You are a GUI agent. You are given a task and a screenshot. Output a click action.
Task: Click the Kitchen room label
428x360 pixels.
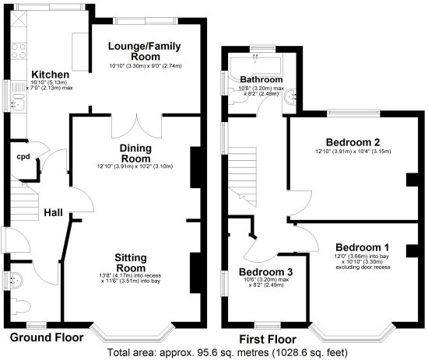click(51, 75)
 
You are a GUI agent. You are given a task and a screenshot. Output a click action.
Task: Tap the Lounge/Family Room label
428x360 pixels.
click(145, 51)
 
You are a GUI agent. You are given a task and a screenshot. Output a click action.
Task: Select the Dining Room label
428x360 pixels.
click(135, 153)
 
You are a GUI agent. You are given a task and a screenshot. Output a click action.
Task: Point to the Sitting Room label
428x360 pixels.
click(131, 263)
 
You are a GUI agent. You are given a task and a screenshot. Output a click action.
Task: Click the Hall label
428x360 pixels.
click(53, 213)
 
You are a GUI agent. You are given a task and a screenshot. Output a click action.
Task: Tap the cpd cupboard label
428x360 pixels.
click(23, 157)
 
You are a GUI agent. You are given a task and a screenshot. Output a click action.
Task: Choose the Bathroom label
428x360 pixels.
click(261, 79)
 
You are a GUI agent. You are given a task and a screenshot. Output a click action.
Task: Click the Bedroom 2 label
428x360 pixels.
click(353, 142)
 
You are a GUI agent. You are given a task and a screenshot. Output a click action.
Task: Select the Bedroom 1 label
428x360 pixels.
click(363, 247)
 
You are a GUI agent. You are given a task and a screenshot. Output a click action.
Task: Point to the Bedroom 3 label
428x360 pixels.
click(266, 272)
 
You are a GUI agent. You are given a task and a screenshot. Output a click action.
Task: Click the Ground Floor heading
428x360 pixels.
click(47, 337)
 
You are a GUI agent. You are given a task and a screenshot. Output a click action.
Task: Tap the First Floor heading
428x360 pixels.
click(268, 340)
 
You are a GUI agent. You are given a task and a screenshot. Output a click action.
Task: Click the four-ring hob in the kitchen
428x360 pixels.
click(19, 51)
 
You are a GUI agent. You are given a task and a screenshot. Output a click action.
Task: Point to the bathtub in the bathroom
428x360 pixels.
click(255, 65)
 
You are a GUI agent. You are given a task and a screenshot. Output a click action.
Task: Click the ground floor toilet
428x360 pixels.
click(21, 306)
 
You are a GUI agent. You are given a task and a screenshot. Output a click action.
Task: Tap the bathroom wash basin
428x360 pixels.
click(290, 96)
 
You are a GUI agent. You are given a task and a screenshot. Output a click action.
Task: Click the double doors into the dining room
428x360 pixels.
click(136, 126)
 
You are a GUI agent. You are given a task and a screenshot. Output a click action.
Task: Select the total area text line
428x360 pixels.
click(227, 353)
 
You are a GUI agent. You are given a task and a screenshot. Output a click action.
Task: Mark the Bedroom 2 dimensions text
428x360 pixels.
click(353, 152)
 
